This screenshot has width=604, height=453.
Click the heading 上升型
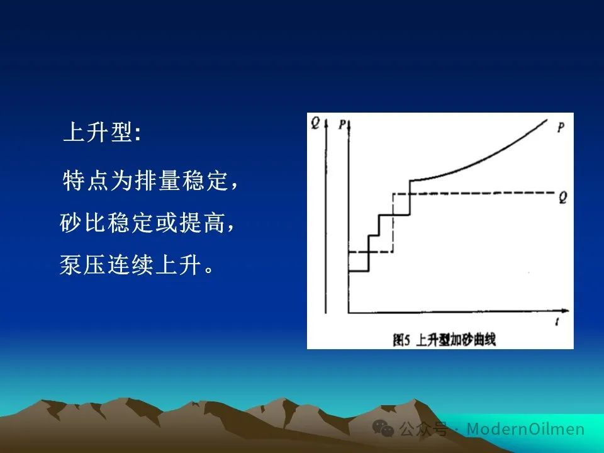point(98,132)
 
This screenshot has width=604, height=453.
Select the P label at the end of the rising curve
point(561,127)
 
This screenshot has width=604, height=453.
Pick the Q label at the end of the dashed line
point(562,198)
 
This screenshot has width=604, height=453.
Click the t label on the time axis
point(557,322)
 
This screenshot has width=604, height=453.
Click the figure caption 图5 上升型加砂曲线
point(444,340)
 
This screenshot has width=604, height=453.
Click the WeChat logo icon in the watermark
point(383,428)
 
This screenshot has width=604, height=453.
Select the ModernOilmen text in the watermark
point(525,428)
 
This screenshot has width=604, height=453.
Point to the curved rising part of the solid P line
point(478,159)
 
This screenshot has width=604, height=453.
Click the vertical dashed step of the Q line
point(393,223)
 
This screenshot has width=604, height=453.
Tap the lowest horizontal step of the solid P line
point(359,272)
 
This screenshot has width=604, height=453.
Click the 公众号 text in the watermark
point(423,428)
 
